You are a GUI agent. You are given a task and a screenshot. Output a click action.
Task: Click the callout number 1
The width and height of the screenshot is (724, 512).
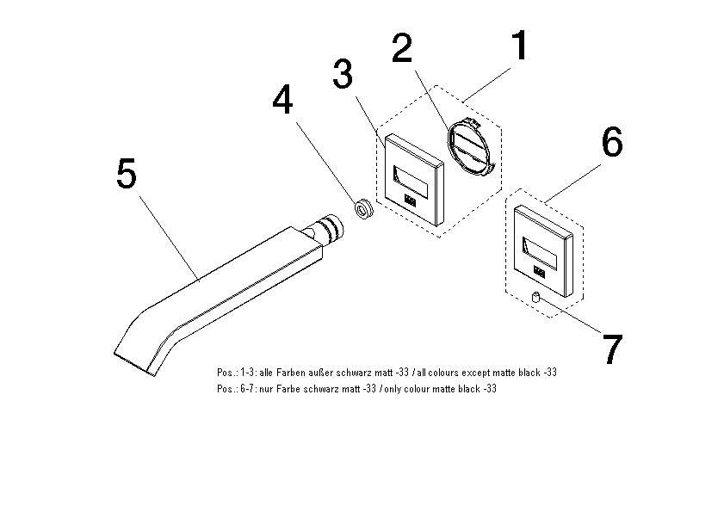tap(521, 45)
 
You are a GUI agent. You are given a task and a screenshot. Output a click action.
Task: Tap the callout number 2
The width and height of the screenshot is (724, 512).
tap(402, 47)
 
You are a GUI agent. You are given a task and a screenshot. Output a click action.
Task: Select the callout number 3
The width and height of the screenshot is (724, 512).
tap(343, 73)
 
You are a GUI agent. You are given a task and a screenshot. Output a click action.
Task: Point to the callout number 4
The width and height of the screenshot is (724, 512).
tap(282, 99)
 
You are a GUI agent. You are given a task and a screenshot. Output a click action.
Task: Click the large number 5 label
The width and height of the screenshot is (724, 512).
tap(127, 173)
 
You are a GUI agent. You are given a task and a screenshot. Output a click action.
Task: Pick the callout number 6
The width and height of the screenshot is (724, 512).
tap(612, 142)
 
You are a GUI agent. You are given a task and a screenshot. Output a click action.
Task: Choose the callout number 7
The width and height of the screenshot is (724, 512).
tap(613, 349)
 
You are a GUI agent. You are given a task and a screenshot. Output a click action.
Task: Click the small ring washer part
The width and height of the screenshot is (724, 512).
tap(364, 209)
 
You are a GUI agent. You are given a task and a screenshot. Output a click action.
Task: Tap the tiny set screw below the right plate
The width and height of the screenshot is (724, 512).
tap(535, 297)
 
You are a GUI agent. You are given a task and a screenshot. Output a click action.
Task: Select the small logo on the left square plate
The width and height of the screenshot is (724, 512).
tap(410, 200)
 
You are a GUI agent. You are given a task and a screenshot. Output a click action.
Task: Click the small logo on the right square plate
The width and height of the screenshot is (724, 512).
tap(539, 272)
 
